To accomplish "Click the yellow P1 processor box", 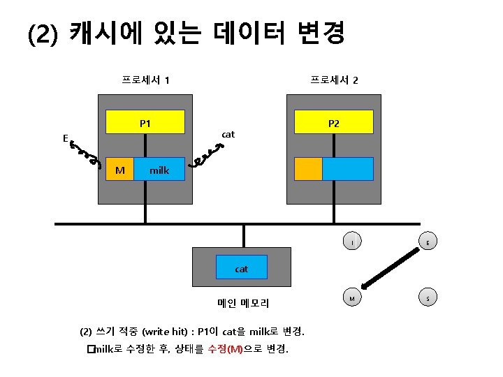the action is [145, 122].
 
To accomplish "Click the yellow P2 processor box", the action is [333, 122].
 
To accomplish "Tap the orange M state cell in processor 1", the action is [120, 170].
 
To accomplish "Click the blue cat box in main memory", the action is [241, 268].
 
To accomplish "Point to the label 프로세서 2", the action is [334, 80].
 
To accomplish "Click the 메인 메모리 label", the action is [242, 303].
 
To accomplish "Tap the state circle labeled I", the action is [353, 242].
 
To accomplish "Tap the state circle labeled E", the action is [428, 242].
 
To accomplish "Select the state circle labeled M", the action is [353, 298].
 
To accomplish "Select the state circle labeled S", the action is [428, 298].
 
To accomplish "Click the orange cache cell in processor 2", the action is [308, 169].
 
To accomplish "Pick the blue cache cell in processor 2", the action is [347, 169].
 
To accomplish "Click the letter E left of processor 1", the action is [65, 138].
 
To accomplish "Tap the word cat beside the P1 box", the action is [228, 133].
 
